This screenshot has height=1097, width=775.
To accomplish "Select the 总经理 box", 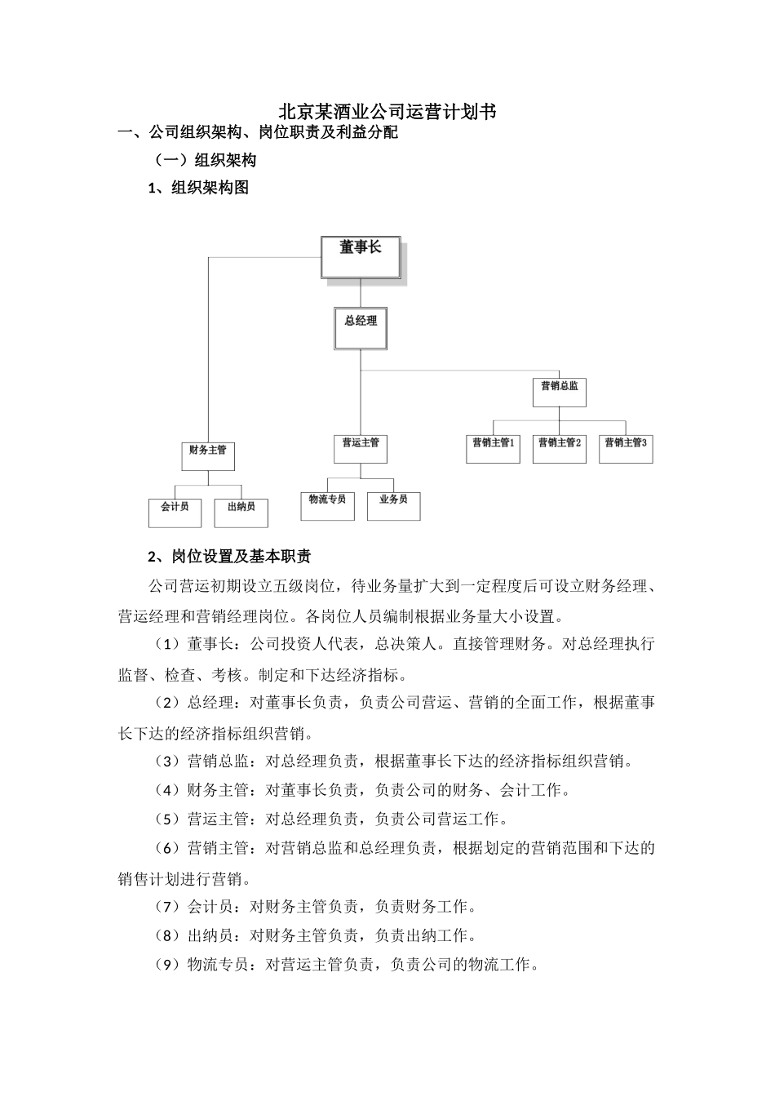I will point(361,328).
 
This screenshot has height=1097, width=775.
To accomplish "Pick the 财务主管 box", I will point(207,455).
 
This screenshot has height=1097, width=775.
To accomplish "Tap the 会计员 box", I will point(175,513).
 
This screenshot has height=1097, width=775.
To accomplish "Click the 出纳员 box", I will point(241,513).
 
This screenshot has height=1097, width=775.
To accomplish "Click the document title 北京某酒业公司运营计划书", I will point(387,111).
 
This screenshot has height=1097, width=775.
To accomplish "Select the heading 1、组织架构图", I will point(198,188).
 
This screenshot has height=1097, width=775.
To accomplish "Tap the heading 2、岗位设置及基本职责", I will point(229,557).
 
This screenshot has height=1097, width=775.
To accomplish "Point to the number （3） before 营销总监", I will point(166,762).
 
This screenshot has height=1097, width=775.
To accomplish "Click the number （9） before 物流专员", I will point(166,965).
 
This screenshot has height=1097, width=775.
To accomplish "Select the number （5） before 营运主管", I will point(166,819).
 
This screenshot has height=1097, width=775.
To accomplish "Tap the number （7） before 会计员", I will point(166,906).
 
